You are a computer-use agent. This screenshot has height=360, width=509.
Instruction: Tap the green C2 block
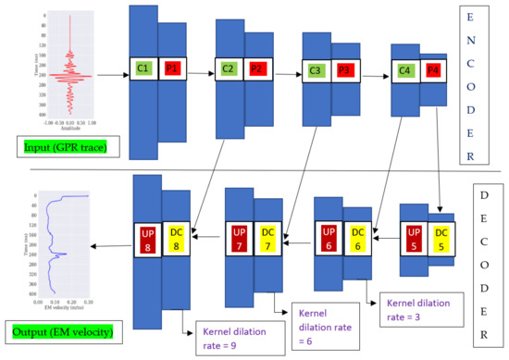(229, 68)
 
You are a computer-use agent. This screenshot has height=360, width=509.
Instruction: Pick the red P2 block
(257, 68)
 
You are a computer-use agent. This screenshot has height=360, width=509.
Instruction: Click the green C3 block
(317, 69)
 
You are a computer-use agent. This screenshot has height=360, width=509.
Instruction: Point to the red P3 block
(344, 69)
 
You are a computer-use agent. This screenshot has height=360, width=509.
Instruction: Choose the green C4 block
(404, 69)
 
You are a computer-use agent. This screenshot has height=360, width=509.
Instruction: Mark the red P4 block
(432, 69)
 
